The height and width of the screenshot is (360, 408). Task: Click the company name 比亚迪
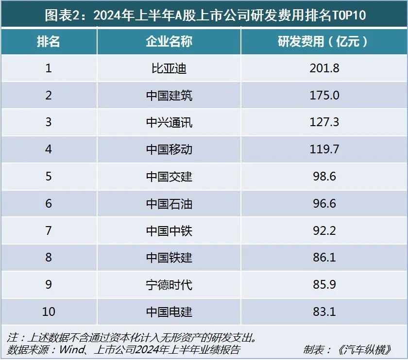169,68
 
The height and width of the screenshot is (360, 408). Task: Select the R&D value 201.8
324,68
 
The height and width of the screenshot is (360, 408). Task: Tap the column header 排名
49,41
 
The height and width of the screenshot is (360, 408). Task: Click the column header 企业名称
169,41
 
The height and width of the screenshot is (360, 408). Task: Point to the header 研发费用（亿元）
324,41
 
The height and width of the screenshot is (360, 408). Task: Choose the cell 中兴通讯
169,122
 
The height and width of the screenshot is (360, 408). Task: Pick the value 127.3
324,122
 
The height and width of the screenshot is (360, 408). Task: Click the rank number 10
49,311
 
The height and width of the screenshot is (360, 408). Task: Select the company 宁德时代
169,284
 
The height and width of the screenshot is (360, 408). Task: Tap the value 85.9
324,284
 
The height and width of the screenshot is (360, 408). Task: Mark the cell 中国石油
169,203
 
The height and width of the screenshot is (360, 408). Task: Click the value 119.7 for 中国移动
324,149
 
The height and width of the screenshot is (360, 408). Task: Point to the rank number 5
49,176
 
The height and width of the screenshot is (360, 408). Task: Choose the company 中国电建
169,311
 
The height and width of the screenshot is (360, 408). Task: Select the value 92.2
324,230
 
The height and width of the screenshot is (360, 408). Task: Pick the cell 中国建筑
169,96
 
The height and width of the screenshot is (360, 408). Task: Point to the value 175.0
324,96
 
